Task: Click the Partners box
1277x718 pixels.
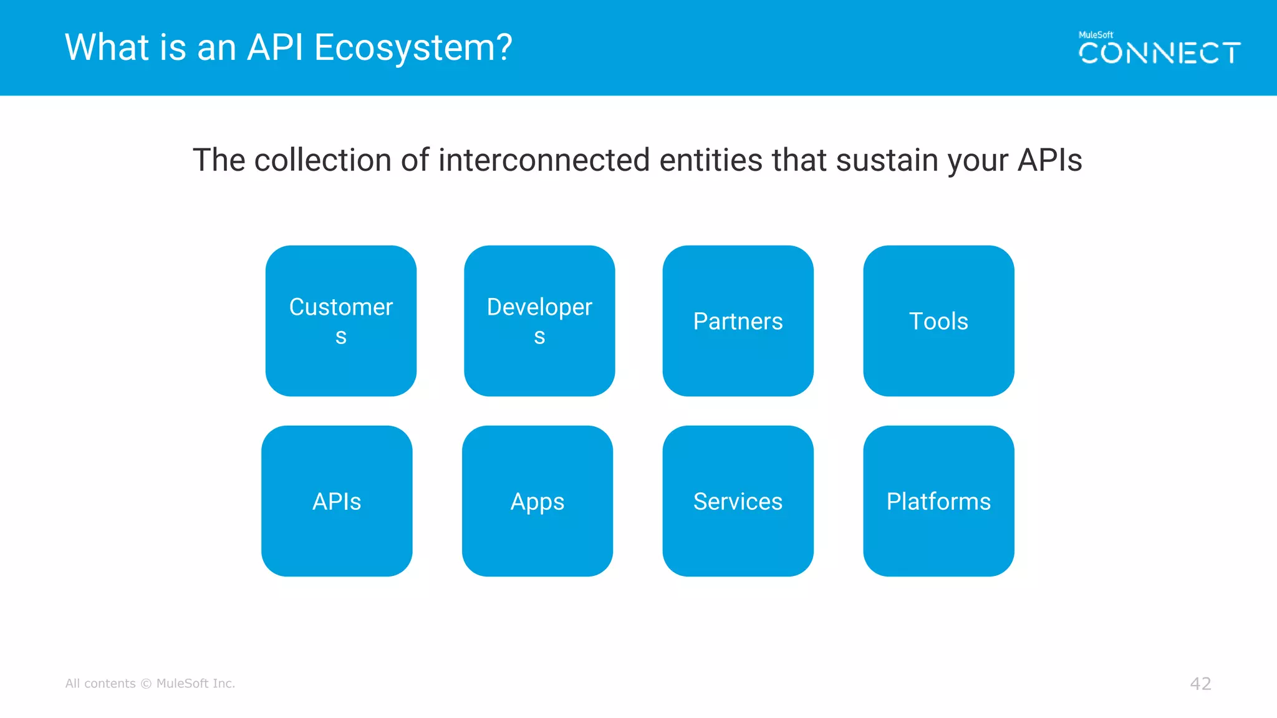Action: [738, 321]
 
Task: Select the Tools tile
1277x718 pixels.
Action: [938, 321]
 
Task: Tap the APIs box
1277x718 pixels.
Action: [337, 501]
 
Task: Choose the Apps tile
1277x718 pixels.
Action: [537, 501]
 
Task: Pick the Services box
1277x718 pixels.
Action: [738, 501]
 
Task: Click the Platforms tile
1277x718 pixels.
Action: [938, 501]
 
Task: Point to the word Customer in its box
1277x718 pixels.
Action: [341, 307]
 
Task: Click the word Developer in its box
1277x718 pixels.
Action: [539, 307]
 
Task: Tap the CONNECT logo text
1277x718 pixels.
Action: [1159, 54]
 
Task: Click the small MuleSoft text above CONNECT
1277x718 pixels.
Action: [1096, 35]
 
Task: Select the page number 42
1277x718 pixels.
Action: [1200, 684]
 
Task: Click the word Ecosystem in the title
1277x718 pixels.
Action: [413, 48]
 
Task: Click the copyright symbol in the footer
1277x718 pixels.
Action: [146, 684]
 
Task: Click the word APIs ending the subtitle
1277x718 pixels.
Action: [1049, 160]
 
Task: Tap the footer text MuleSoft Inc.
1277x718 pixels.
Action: [195, 684]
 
